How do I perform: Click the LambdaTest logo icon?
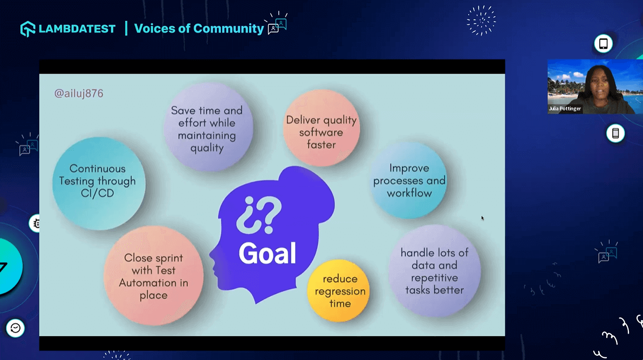28,29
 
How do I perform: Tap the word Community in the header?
228,28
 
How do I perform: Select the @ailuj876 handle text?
79,93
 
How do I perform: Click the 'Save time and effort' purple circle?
208,127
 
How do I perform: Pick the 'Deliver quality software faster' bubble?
321,128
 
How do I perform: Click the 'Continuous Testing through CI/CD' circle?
98,183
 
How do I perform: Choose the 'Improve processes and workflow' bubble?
408,180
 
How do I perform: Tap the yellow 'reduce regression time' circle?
339,290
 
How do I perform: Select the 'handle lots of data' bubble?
434,271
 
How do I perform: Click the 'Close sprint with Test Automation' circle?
153,275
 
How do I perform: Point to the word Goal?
267,253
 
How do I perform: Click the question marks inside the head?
259,214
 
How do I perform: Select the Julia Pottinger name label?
565,109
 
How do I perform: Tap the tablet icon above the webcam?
603,44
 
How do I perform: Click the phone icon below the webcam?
615,133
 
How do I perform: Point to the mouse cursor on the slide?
483,218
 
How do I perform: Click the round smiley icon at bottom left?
15,328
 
